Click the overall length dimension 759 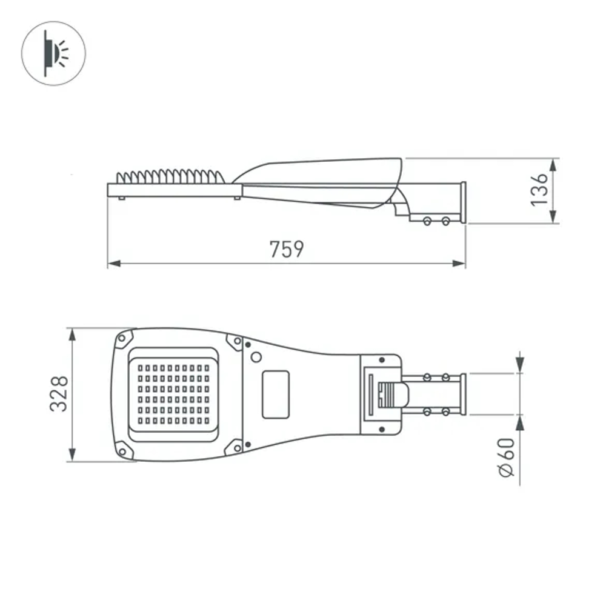pyautogui.click(x=287, y=249)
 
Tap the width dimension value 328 pyautogui.click(x=59, y=394)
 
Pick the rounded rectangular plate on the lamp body pyautogui.click(x=276, y=394)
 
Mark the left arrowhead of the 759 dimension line pyautogui.click(x=113, y=264)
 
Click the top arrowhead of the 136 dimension pyautogui.click(x=554, y=164)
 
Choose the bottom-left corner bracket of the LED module pyautogui.click(x=125, y=450)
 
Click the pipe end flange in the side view pyautogui.click(x=464, y=203)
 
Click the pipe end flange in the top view pyautogui.click(x=464, y=394)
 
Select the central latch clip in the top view pyautogui.click(x=391, y=394)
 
